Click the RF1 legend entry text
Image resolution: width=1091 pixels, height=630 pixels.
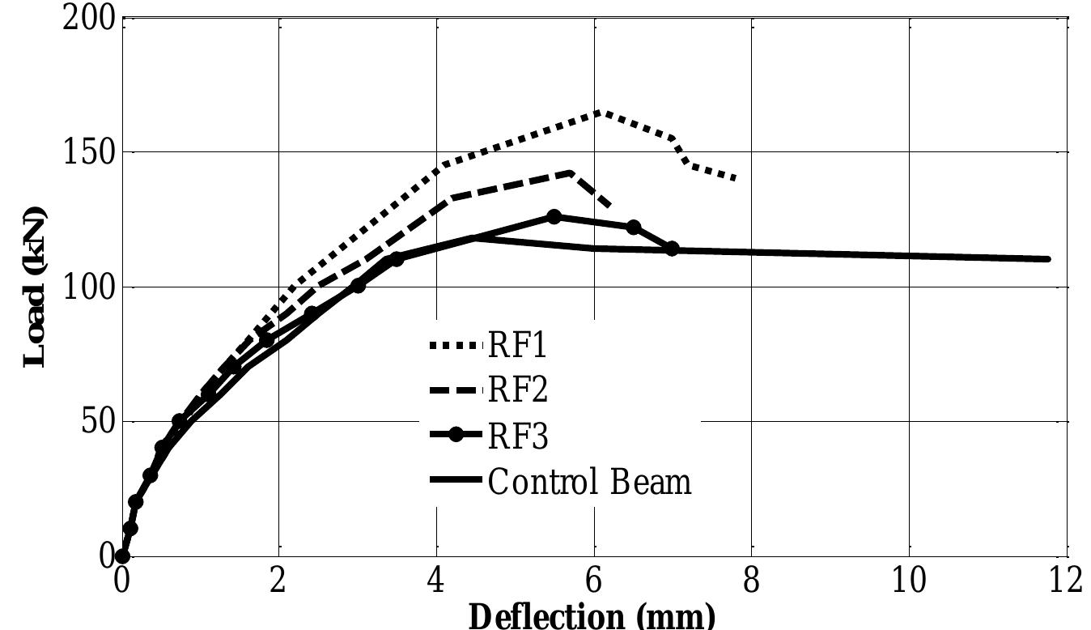pos(517,346)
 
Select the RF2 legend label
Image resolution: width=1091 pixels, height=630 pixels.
pos(517,389)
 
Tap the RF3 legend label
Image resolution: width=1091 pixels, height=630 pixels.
pos(517,436)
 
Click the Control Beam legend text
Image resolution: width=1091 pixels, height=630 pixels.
pos(589,482)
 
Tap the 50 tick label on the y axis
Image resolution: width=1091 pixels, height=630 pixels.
pos(97,422)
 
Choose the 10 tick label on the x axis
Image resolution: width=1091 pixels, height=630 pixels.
pos(909,581)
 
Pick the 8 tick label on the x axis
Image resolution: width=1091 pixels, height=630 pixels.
pos(752,581)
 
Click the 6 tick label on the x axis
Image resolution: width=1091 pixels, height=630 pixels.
pos(595,581)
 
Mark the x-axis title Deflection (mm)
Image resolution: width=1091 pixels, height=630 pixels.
pos(592,615)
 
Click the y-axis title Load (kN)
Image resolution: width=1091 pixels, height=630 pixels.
pos(34,287)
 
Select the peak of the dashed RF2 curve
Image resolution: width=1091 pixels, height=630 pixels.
pos(571,172)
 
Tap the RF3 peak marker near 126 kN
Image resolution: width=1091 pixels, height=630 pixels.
pos(554,216)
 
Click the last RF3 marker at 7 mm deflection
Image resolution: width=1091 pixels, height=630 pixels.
pos(672,249)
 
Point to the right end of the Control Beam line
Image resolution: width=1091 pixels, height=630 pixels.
pos(1048,259)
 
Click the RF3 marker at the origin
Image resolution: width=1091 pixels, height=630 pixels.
pos(122,556)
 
